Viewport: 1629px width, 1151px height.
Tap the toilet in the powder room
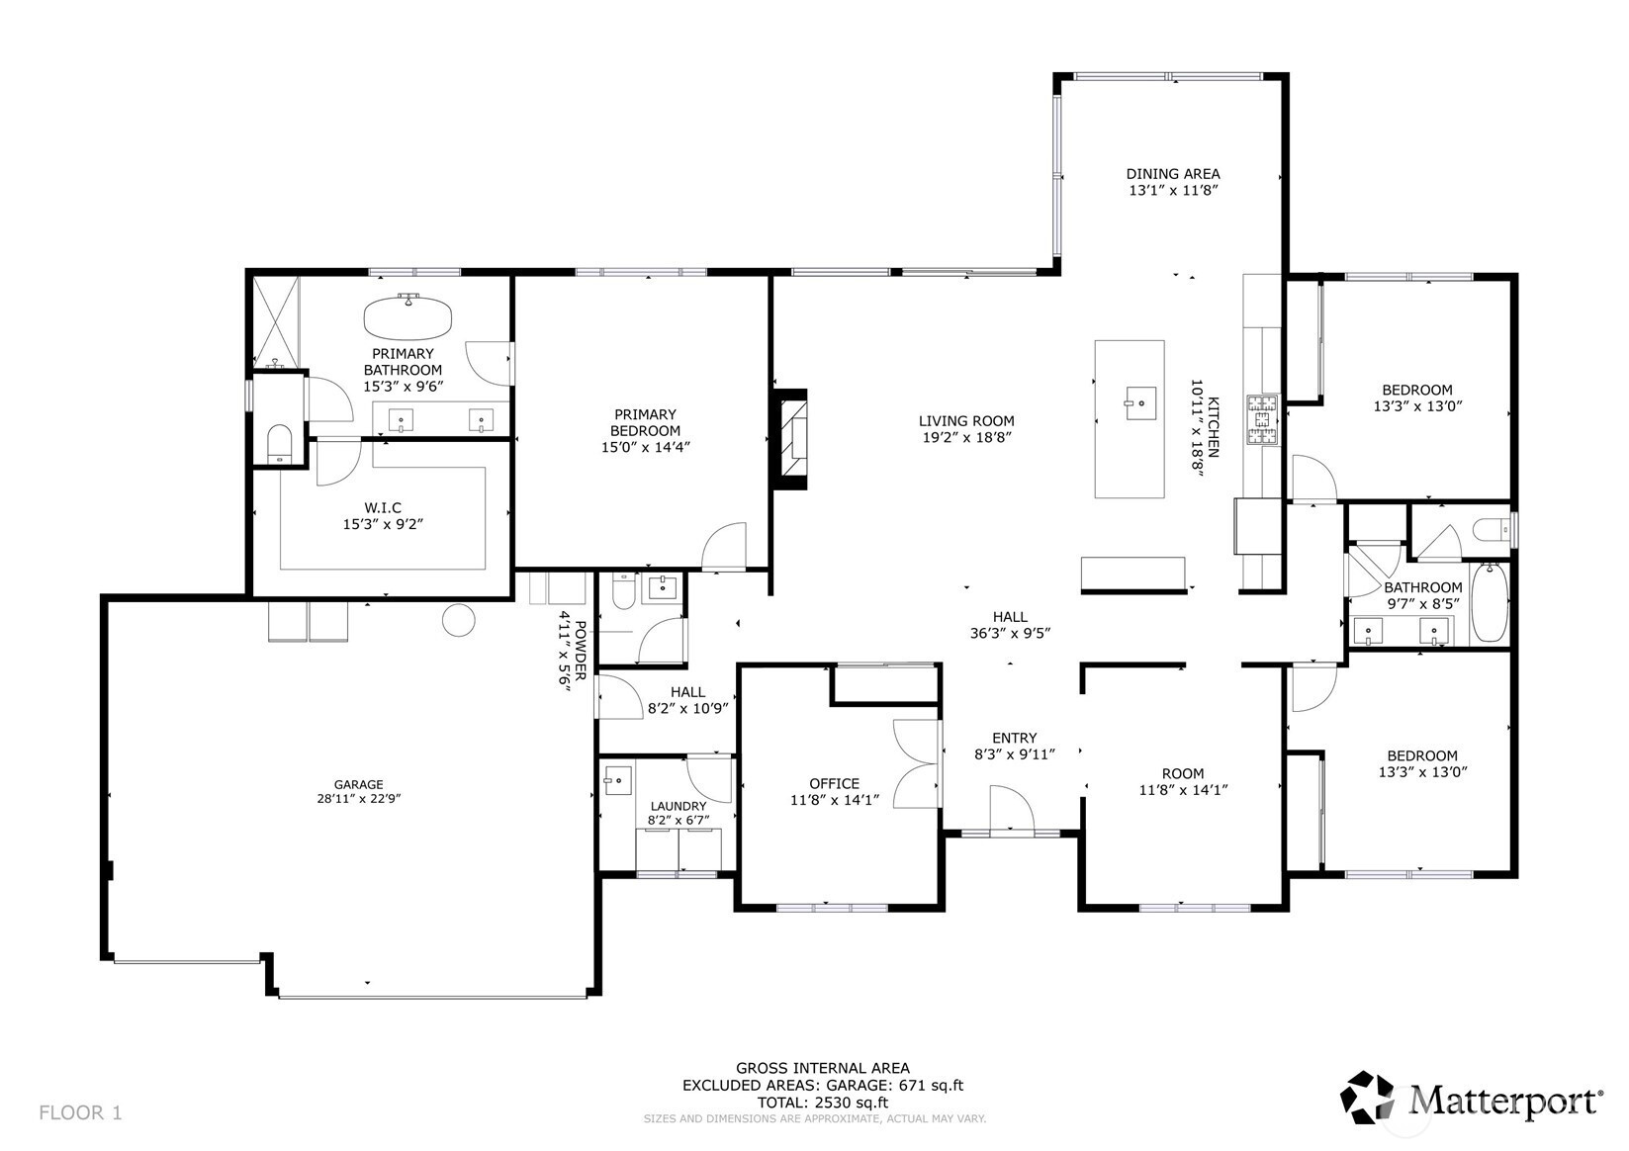(x=624, y=591)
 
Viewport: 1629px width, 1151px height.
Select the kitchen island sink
(x=1139, y=402)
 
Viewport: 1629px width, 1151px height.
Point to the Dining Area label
(x=1173, y=174)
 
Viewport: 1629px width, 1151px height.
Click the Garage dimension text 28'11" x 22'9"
(x=358, y=798)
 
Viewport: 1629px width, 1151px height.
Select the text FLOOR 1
(x=81, y=1112)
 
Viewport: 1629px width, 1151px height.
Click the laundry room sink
(x=617, y=780)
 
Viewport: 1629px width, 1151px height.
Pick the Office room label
(x=834, y=784)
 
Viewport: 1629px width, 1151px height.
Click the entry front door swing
(x=1012, y=808)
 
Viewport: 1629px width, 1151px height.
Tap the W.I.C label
(x=383, y=507)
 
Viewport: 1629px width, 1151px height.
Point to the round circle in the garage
(x=458, y=620)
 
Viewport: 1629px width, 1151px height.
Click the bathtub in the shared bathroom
(x=1489, y=603)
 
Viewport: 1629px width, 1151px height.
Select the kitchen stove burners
(x=1262, y=419)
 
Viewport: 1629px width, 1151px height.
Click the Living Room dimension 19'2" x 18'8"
(x=966, y=437)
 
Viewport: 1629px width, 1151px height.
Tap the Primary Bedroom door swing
(x=724, y=546)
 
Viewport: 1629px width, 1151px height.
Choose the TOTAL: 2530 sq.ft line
(x=823, y=1103)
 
